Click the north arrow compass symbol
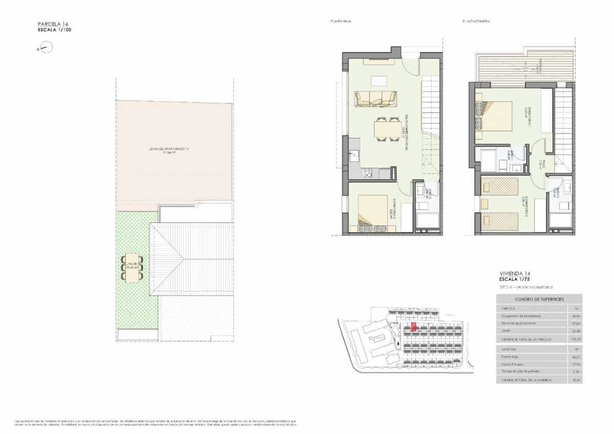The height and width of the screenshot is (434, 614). click(46, 48)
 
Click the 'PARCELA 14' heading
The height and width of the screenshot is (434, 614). click(53, 24)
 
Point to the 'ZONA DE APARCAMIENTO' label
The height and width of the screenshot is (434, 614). click(169, 149)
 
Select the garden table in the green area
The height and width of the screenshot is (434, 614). click(132, 266)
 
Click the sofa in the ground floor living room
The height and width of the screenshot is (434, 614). click(376, 98)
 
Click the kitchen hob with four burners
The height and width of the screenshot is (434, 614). click(367, 173)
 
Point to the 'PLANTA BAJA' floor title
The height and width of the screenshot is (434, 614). click(340, 22)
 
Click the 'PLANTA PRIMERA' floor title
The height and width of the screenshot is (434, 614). click(476, 22)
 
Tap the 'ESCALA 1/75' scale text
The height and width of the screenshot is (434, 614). click(516, 280)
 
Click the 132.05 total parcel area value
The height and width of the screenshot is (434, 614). click(576, 339)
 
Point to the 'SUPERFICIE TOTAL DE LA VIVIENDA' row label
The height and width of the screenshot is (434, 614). click(524, 380)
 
